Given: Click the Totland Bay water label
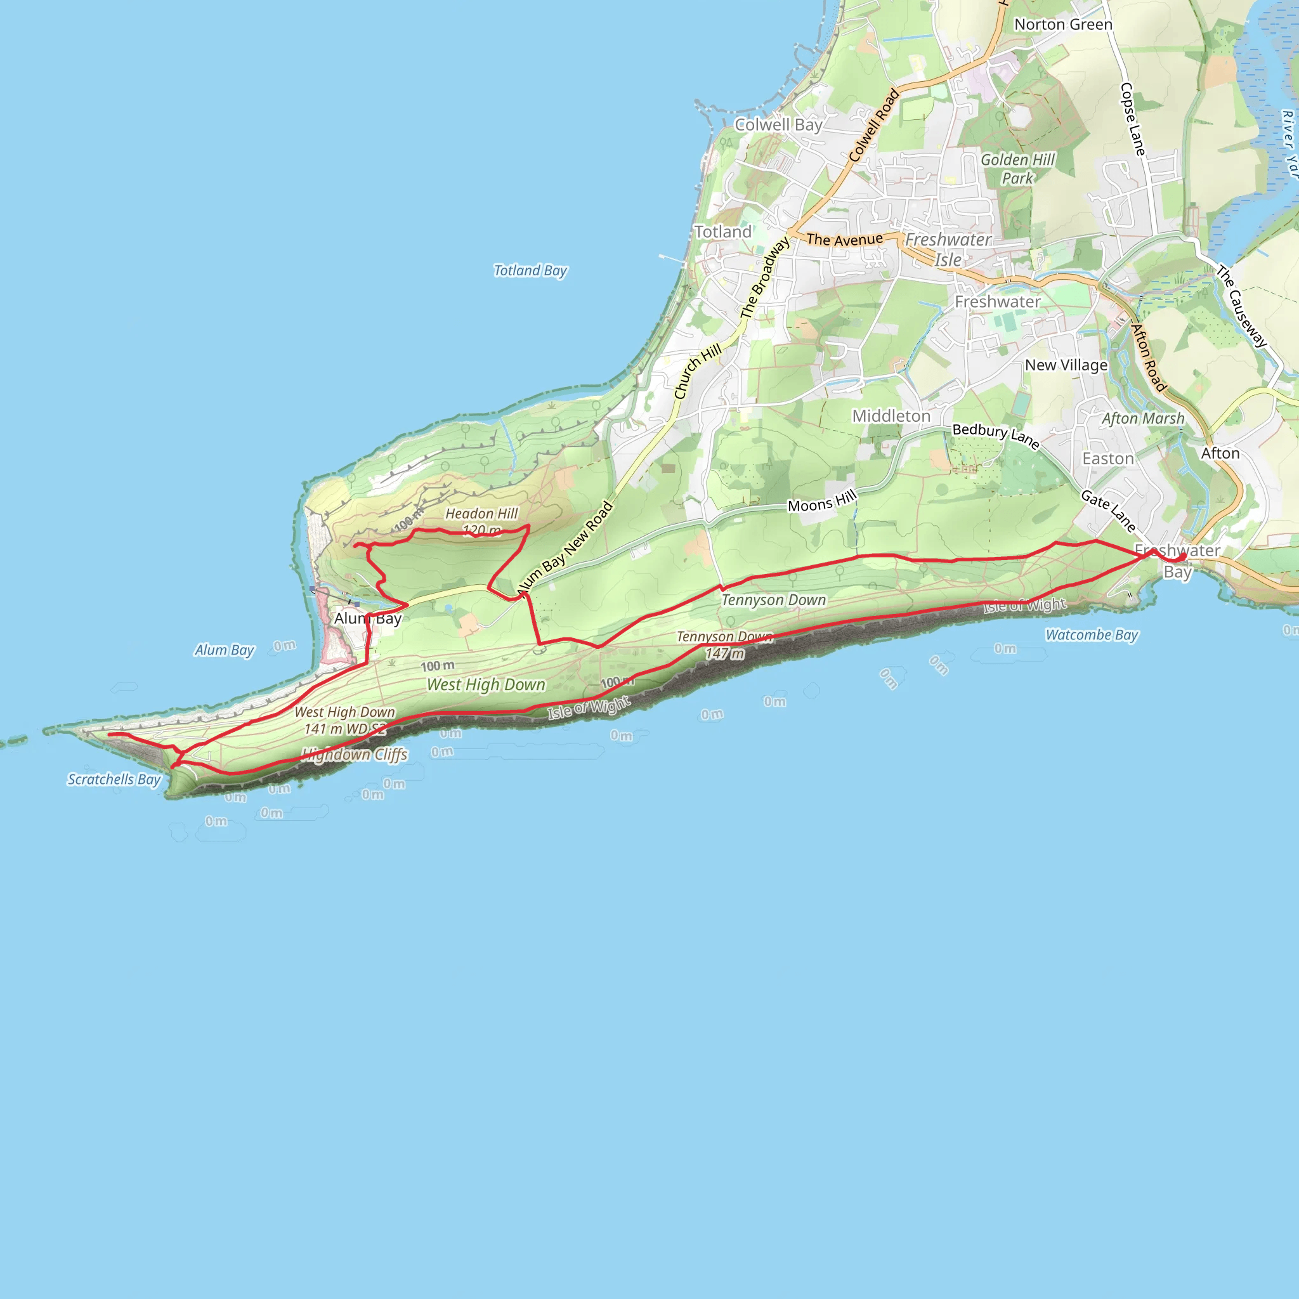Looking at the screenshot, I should (530, 270).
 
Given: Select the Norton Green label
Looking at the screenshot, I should (1063, 25).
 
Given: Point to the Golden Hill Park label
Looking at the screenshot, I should (1017, 169).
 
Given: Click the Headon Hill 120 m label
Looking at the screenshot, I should (481, 522).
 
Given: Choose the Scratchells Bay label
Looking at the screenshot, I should (114, 780).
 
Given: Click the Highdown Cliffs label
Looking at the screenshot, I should (355, 754).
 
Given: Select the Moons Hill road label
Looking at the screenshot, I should (821, 502).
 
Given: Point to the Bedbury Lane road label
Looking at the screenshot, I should (996, 435).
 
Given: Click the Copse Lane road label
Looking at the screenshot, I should (1132, 120).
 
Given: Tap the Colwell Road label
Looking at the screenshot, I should (873, 126).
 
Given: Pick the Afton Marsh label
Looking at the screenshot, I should (1143, 418).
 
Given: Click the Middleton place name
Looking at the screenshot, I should (891, 416).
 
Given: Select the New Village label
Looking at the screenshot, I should (1066, 365).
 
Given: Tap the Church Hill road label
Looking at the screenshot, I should (697, 370).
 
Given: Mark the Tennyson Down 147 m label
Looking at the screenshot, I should (725, 645).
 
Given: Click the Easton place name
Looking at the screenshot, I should (1108, 459).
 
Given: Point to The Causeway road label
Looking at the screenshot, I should (1241, 306).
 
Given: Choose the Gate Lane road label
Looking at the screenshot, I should (1108, 511).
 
